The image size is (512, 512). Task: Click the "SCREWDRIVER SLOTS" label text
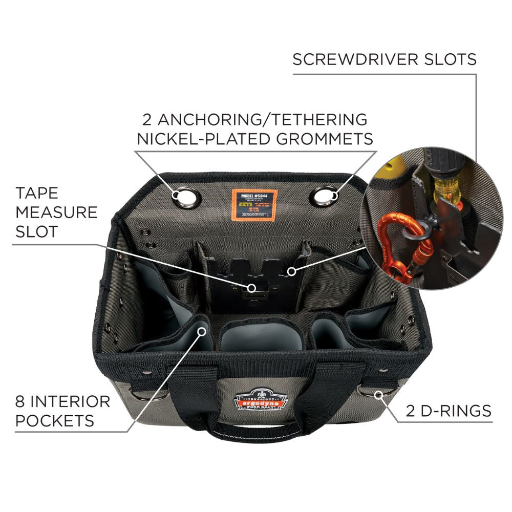(x=385, y=59)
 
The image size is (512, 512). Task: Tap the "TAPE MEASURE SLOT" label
(x=56, y=212)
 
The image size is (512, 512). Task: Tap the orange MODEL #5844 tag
(x=254, y=204)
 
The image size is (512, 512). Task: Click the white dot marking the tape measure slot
(x=251, y=288)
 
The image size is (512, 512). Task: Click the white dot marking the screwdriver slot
(x=291, y=271)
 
